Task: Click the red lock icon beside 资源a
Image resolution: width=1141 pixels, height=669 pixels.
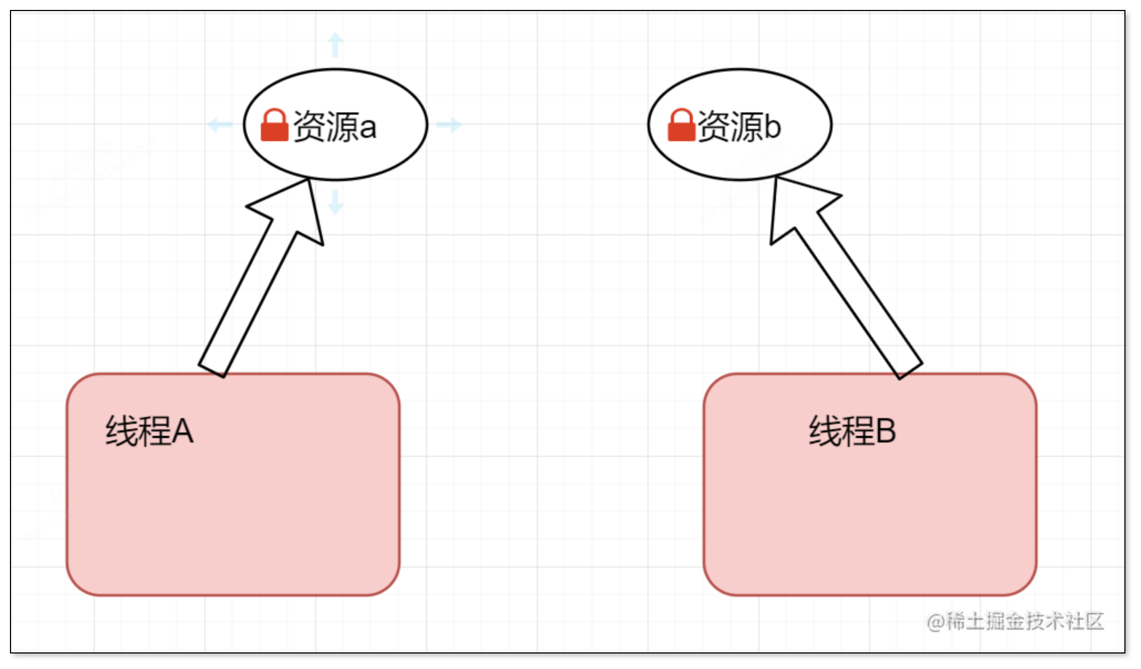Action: (274, 126)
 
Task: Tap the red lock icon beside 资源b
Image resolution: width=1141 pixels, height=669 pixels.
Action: (681, 126)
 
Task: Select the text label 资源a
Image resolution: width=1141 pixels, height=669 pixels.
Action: (334, 126)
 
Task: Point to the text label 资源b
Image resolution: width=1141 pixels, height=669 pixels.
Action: (739, 126)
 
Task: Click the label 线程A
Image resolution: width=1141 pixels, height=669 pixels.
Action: (150, 431)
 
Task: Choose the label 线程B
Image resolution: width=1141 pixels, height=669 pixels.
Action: (852, 431)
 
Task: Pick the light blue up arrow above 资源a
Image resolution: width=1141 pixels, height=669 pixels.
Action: (335, 44)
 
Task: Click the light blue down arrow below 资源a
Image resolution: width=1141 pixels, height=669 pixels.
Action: (335, 202)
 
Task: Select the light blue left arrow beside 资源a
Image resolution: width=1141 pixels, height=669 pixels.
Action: (220, 125)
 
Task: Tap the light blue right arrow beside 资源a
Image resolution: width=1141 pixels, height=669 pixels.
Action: (448, 125)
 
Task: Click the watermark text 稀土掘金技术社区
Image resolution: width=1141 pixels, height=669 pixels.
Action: (1025, 621)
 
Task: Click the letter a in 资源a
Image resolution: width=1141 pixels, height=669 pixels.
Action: (368, 128)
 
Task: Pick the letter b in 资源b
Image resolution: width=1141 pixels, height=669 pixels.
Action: (772, 126)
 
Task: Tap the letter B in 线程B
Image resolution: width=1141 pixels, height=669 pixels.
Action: (885, 431)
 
